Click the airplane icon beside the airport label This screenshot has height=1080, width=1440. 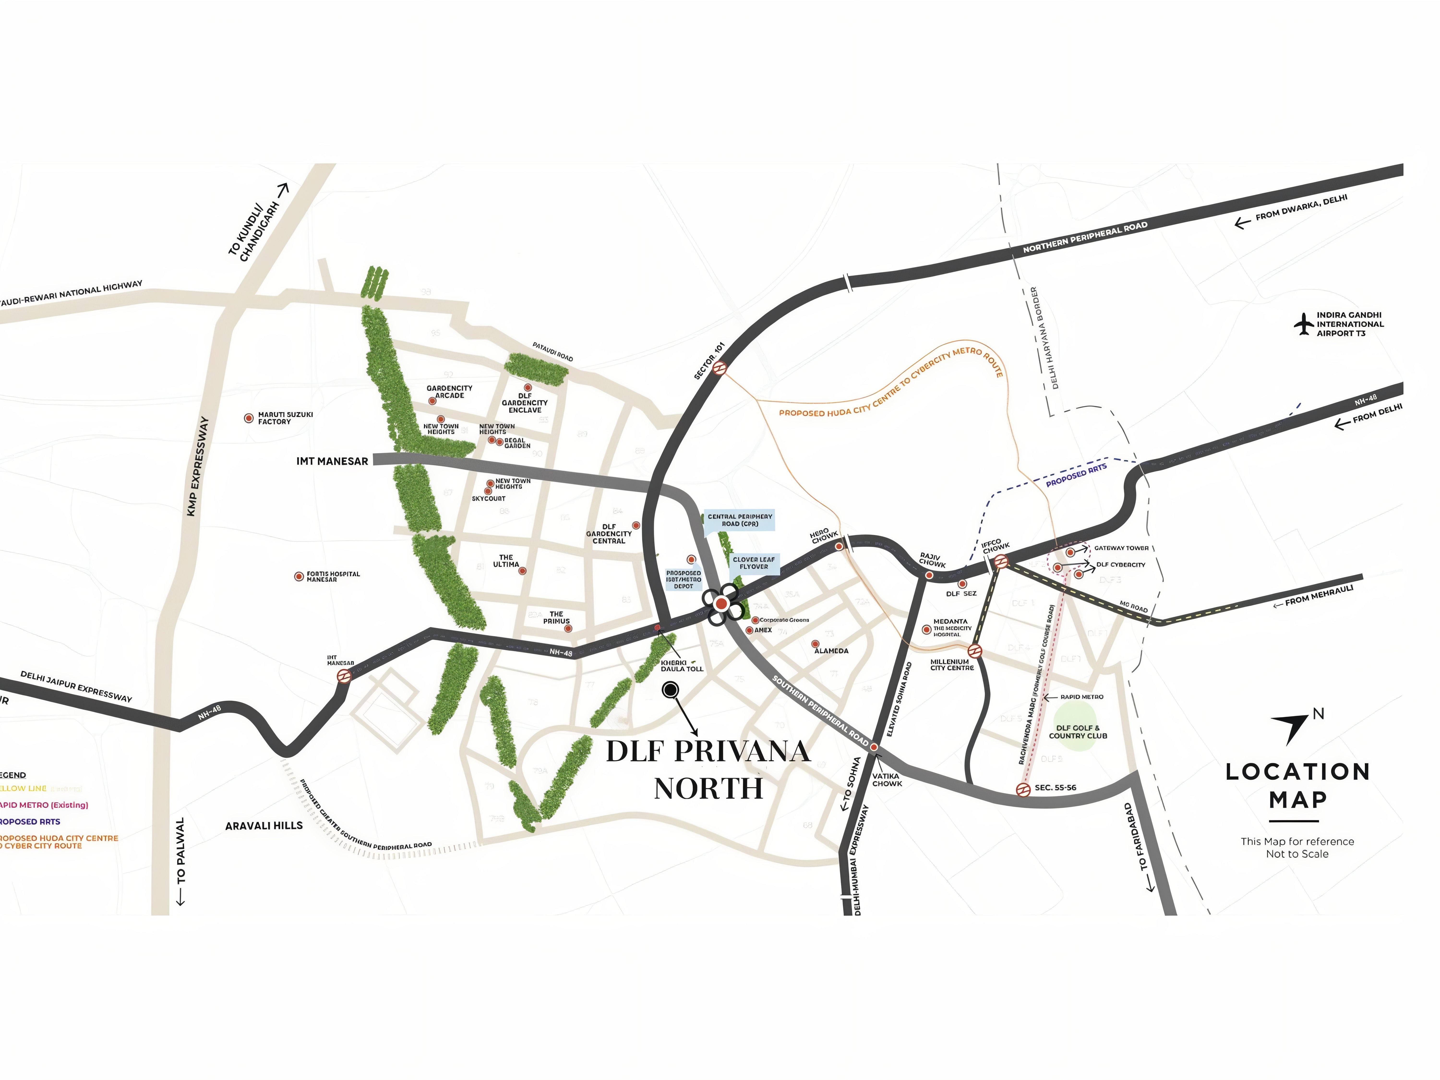[1303, 324]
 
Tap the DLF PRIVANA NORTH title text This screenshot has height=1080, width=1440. [708, 769]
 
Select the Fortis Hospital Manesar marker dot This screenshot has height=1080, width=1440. [299, 576]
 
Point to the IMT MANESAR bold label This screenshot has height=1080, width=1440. [332, 461]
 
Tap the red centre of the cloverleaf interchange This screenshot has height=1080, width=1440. [721, 604]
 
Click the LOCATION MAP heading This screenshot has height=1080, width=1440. [1297, 785]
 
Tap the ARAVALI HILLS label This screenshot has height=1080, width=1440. [264, 825]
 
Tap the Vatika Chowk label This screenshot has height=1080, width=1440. [887, 780]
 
